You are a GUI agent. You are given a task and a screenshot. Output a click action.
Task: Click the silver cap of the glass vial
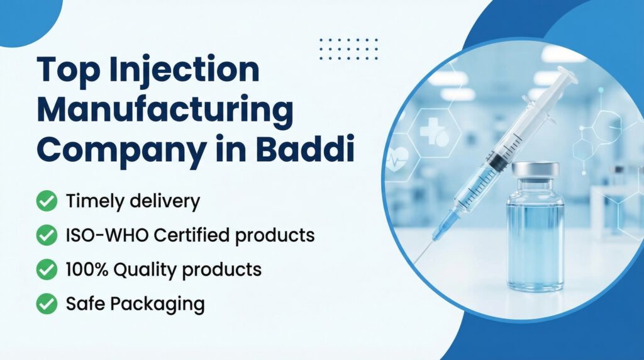(535, 171)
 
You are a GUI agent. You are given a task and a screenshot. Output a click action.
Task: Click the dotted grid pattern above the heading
(348, 48)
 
